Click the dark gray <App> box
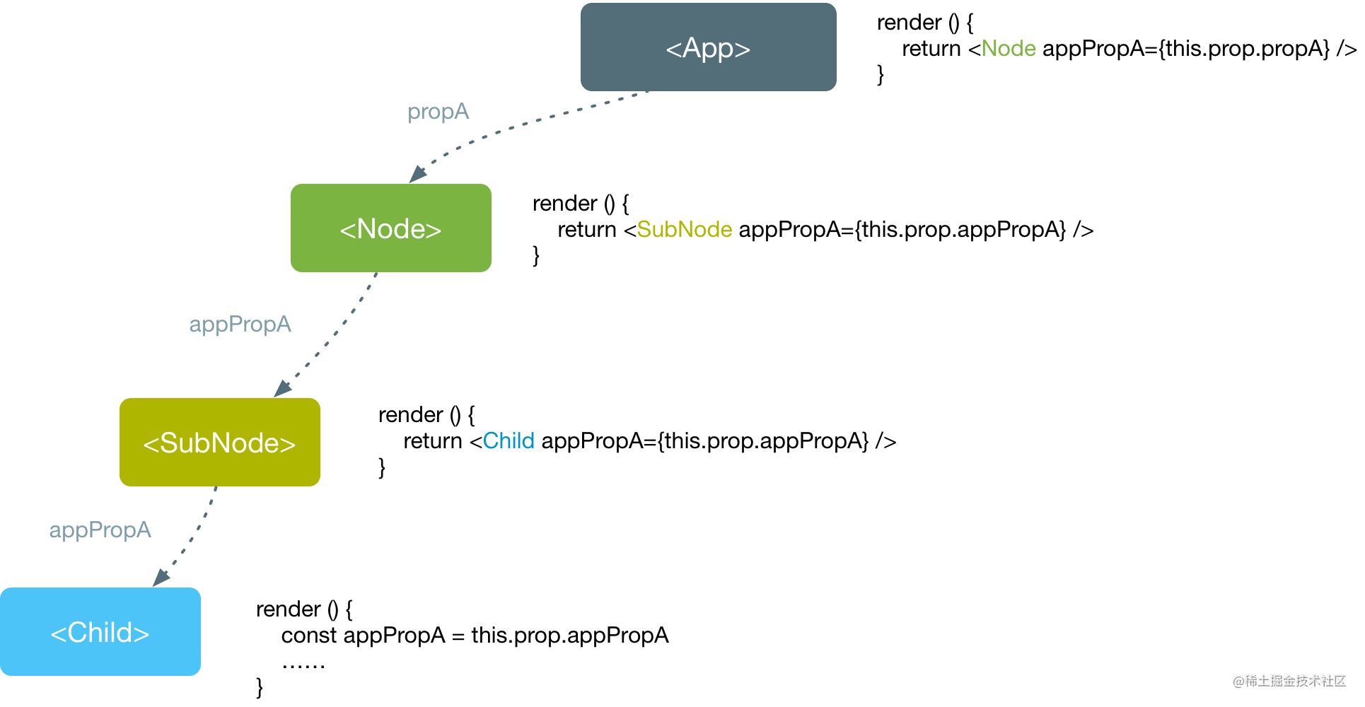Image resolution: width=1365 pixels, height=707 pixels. click(708, 47)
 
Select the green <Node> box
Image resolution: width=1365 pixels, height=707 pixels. click(391, 228)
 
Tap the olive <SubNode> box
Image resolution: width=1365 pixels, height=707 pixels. click(220, 442)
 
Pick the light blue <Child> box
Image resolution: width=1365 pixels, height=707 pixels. click(100, 631)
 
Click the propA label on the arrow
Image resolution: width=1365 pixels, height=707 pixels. click(438, 112)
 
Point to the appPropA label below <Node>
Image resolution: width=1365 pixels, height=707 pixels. click(240, 325)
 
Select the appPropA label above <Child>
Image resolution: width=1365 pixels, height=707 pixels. click(100, 530)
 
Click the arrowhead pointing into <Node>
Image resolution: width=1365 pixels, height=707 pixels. click(417, 174)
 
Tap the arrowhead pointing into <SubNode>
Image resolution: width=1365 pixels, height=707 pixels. click(282, 388)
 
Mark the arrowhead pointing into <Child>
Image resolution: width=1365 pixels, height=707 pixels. click(161, 578)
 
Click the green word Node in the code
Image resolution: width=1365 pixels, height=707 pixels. click(1009, 49)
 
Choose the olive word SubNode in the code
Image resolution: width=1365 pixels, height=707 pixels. click(685, 230)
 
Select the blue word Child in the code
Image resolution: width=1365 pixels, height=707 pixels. click(509, 441)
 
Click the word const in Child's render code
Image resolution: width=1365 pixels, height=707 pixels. click(309, 636)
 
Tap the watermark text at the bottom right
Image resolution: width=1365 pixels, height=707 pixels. click(1289, 681)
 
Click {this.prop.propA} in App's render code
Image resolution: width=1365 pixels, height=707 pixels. click(1244, 49)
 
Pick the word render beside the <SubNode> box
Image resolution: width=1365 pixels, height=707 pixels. click(411, 415)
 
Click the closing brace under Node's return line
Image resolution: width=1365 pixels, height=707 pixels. click(536, 255)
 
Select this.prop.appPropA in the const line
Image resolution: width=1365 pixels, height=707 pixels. click(570, 636)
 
